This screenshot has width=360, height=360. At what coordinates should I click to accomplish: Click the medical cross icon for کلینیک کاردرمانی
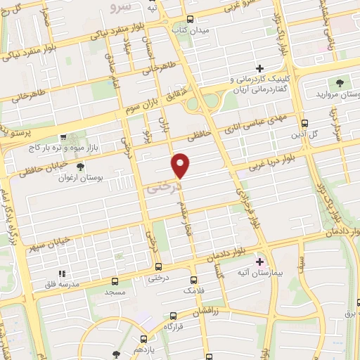[x=260, y=69]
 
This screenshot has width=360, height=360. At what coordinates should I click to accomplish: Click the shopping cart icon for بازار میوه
[x=63, y=138]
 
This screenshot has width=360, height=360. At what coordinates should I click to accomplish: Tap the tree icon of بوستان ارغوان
[x=79, y=167]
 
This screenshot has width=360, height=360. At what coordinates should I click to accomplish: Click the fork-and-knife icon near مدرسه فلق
[x=62, y=274]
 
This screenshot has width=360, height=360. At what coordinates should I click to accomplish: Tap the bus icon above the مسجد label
[x=114, y=279]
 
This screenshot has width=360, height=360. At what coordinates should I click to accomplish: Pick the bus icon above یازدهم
[x=116, y=354]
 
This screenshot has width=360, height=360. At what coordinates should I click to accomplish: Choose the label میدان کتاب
[x=192, y=31]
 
